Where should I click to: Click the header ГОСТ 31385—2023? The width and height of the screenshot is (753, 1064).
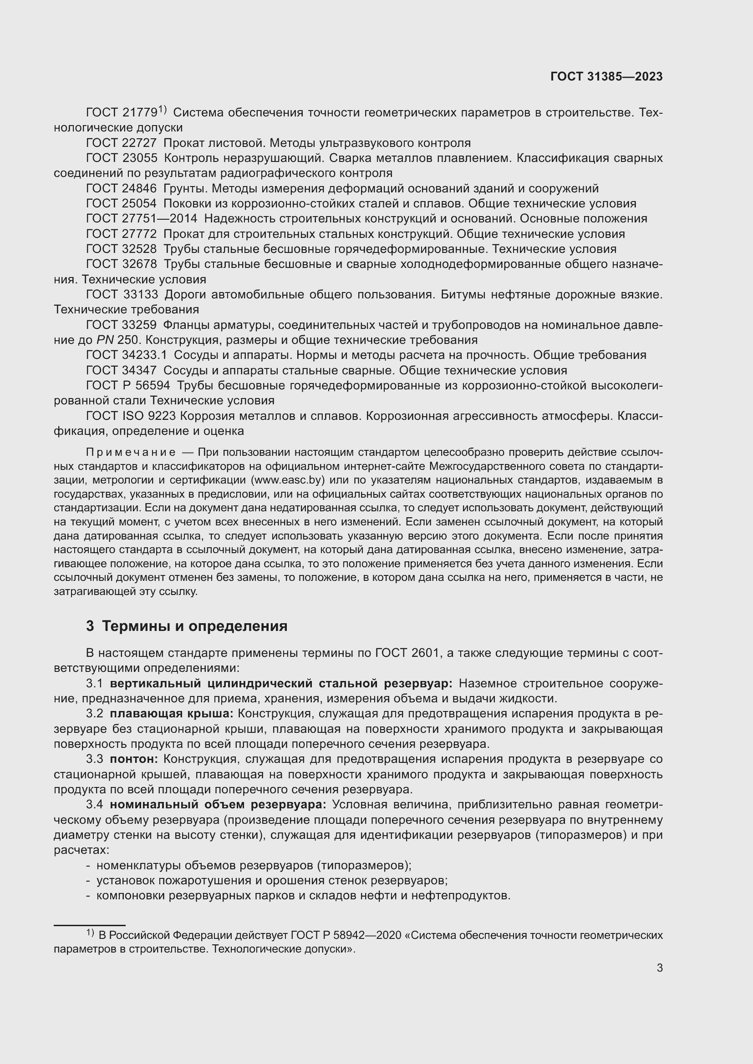[x=606, y=76]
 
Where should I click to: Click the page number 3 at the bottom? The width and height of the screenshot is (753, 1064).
[x=659, y=968]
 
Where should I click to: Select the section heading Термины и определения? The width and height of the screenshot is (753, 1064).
[x=194, y=626]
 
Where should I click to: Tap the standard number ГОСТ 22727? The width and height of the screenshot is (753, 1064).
[x=122, y=143]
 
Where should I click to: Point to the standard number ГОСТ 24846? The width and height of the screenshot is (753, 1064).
[x=122, y=189]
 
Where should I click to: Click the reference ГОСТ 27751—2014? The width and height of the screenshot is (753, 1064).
[x=142, y=219]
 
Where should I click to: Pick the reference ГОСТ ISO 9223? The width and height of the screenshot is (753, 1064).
[x=131, y=416]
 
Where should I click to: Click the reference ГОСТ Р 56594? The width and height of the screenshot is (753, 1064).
[x=128, y=386]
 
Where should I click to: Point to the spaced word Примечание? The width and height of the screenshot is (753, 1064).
[x=131, y=452]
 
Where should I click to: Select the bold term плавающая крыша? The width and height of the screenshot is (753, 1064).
[x=172, y=714]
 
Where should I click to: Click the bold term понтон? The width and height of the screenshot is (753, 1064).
[x=134, y=759]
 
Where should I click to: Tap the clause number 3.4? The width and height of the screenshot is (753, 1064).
[x=94, y=805]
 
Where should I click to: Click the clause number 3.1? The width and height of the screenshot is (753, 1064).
[x=94, y=684]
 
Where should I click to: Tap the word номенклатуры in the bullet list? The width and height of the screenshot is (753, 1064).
[x=139, y=865]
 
